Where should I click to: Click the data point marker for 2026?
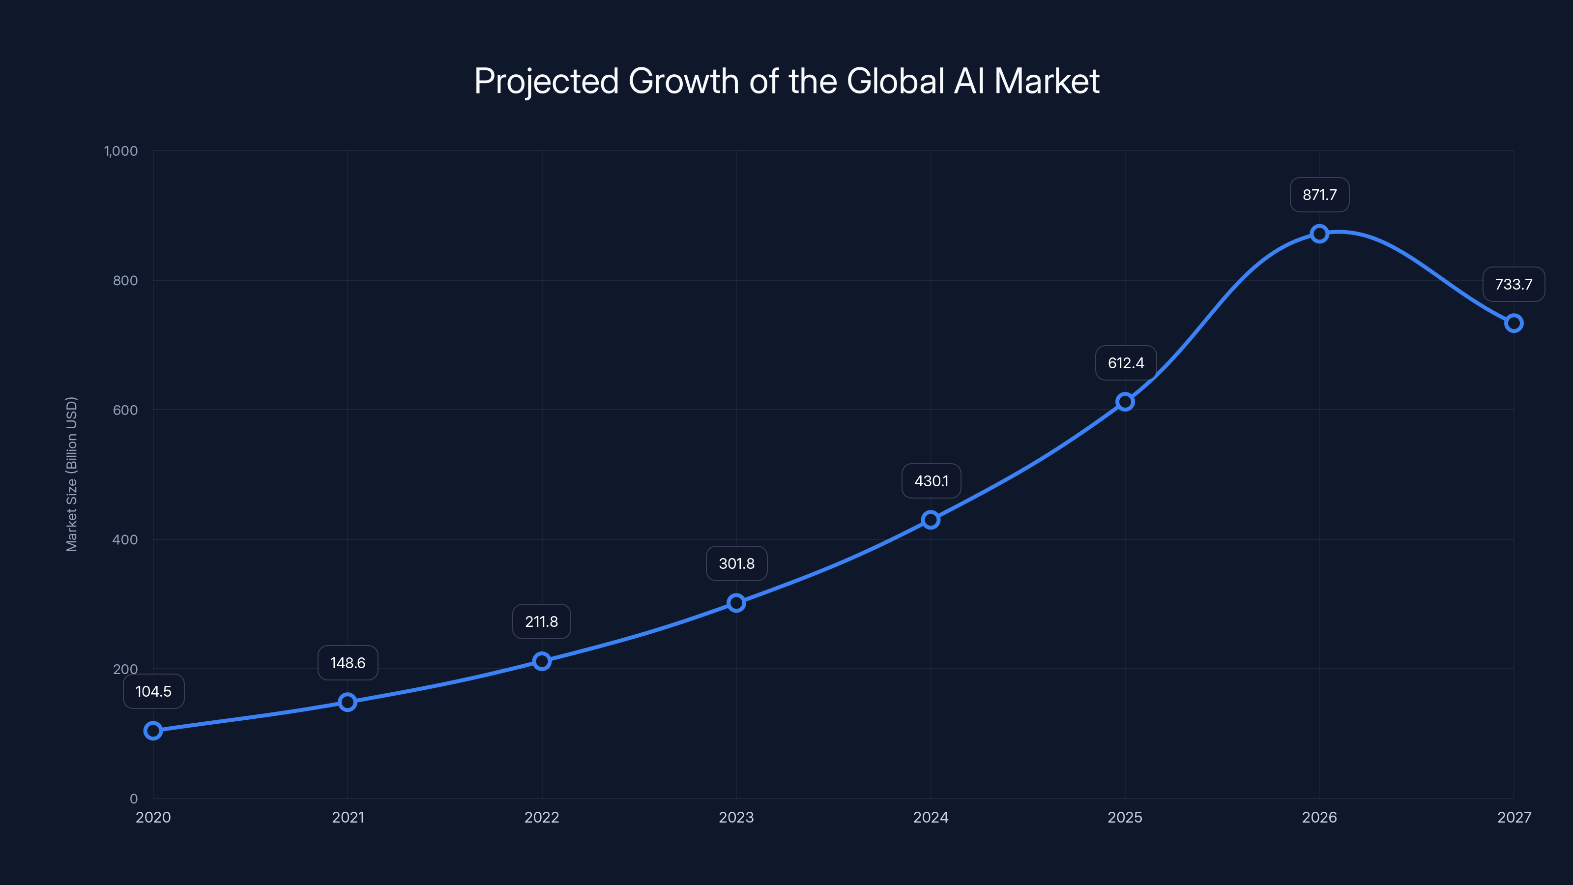(x=1319, y=234)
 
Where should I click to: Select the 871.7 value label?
(x=1319, y=195)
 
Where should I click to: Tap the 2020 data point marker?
(x=153, y=731)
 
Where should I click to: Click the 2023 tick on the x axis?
(x=736, y=817)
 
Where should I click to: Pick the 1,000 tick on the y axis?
(x=121, y=151)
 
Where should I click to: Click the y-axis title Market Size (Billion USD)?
(x=71, y=474)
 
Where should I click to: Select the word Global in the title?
(x=896, y=81)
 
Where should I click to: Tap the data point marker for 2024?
(x=930, y=520)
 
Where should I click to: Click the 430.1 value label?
(x=931, y=481)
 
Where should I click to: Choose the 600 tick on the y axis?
(x=125, y=410)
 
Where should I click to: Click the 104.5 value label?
(x=153, y=691)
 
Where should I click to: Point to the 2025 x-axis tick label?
(x=1125, y=817)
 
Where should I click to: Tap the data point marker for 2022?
(x=542, y=661)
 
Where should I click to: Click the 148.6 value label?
(x=348, y=663)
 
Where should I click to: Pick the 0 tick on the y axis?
(x=134, y=798)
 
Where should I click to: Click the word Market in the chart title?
(x=1046, y=81)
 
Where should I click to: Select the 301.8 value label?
(x=736, y=563)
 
